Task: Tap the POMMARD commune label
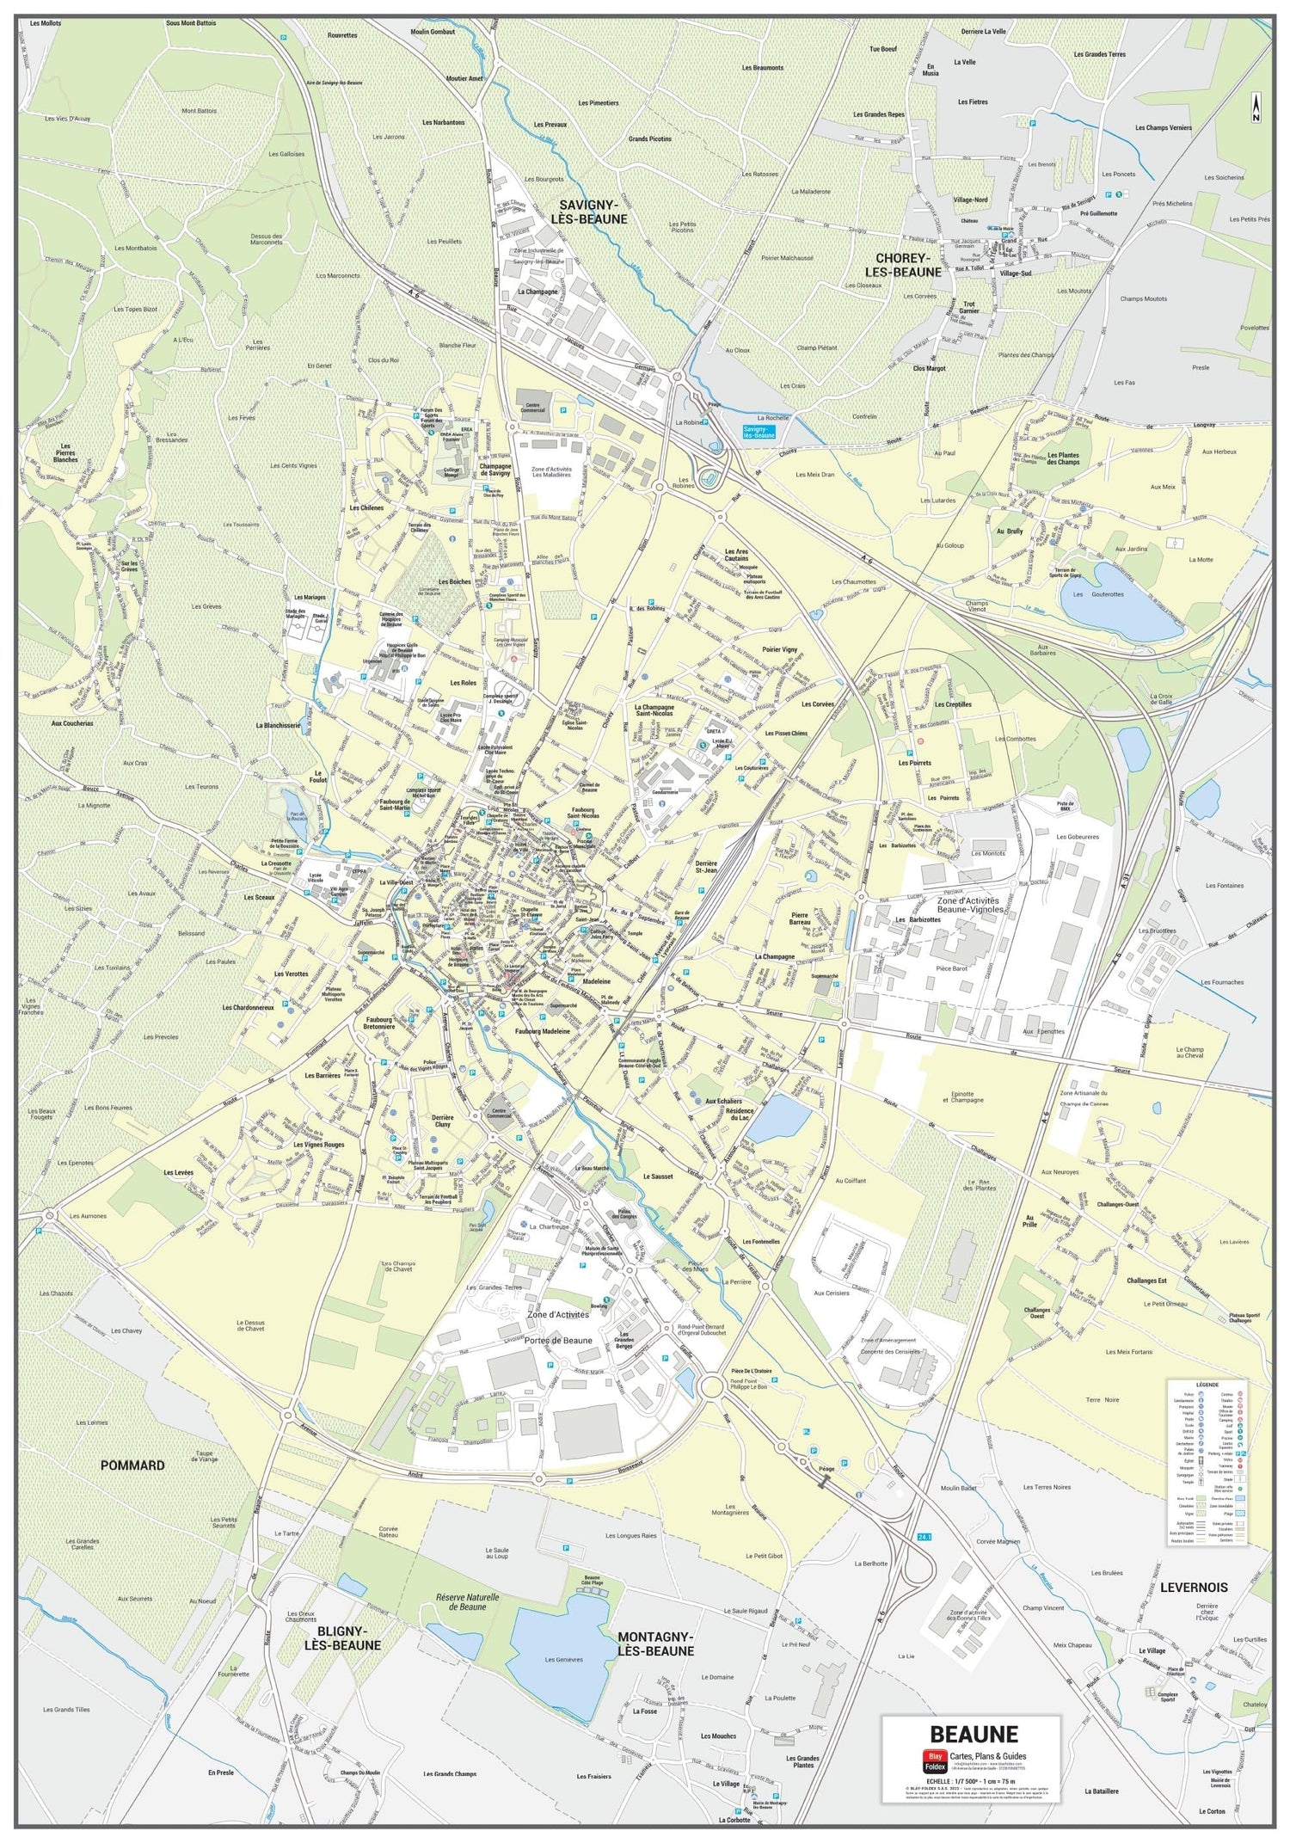(132, 1465)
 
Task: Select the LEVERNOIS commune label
(1193, 1587)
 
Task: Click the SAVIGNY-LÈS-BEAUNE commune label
(593, 212)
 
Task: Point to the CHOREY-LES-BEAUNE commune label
(908, 264)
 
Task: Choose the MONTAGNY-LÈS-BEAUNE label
(655, 1643)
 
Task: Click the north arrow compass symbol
(1256, 107)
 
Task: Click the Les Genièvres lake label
(563, 1660)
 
